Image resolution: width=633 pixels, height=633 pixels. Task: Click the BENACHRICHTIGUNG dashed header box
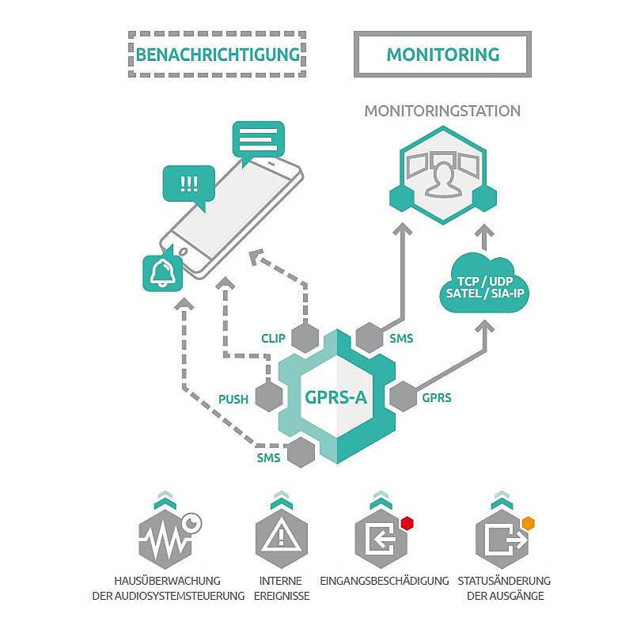point(217,55)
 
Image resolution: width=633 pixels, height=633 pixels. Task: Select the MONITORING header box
point(442,55)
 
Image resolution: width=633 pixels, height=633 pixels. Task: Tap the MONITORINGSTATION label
point(442,112)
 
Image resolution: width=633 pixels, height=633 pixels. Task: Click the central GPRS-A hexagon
point(336,397)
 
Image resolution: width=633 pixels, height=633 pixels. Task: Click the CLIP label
point(273,338)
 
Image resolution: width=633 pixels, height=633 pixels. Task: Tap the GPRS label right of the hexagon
point(437,397)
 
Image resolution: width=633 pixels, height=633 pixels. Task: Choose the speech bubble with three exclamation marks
point(188,185)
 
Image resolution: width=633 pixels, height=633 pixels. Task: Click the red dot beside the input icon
point(407,522)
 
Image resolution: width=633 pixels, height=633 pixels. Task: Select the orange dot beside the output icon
point(529,522)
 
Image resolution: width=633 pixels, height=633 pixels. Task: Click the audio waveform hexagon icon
point(165,540)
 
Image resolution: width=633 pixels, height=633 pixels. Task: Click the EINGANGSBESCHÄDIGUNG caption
point(385,580)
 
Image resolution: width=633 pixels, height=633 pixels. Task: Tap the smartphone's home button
point(184,252)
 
